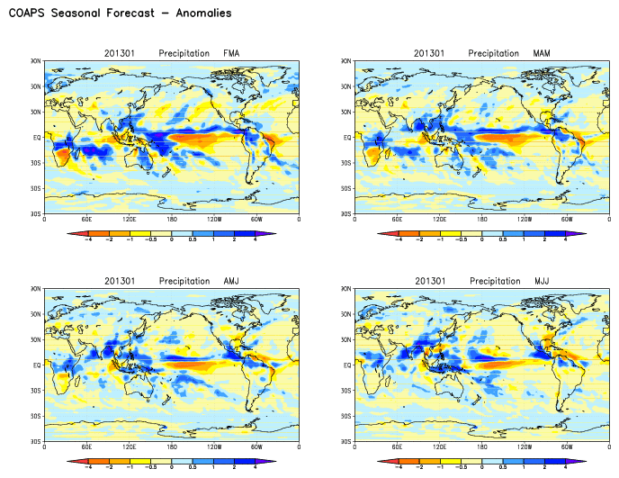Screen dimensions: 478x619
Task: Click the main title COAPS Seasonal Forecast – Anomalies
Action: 120,14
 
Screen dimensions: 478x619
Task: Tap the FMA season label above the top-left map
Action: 231,53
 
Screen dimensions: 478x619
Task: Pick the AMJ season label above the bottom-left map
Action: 231,281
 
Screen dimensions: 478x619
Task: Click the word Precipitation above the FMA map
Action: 184,53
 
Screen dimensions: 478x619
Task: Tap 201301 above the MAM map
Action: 429,53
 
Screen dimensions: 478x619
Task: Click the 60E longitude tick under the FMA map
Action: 86,220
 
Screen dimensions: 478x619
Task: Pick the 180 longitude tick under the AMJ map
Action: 172,447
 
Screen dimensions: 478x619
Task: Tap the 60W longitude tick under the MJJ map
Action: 567,447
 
